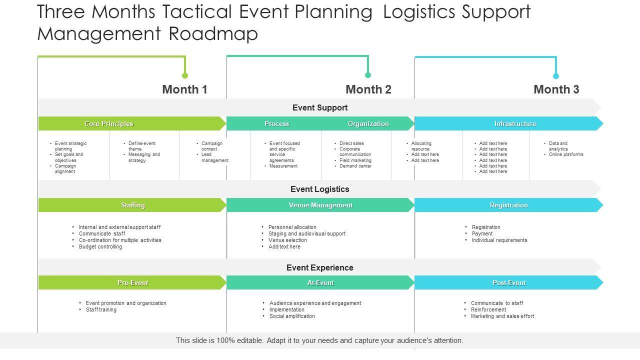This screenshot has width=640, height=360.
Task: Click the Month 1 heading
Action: click(184, 89)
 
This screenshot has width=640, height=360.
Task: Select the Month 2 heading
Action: click(368, 89)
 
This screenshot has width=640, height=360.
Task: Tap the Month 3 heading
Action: click(556, 89)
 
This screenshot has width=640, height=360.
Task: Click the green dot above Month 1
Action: click(185, 75)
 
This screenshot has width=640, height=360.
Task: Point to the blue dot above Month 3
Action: click(555, 76)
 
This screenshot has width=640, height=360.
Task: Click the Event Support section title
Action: click(320, 107)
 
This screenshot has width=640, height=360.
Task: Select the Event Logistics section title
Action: click(320, 189)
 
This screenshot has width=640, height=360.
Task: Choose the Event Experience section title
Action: click(320, 267)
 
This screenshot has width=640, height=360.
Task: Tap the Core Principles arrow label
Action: click(109, 123)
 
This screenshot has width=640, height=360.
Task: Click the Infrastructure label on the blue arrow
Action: click(515, 123)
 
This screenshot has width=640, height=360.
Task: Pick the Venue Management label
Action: click(320, 205)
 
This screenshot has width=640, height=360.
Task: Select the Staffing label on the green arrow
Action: click(133, 205)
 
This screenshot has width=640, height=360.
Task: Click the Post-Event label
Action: click(509, 282)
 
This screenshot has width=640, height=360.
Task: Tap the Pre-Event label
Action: click(133, 282)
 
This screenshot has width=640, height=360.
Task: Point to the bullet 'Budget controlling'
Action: click(100, 246)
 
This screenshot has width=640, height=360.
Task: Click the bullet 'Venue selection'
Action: click(287, 240)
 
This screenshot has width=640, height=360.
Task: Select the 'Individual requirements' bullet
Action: click(499, 240)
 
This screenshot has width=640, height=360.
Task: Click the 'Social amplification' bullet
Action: click(292, 316)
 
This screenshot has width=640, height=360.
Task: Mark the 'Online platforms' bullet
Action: click(566, 154)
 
